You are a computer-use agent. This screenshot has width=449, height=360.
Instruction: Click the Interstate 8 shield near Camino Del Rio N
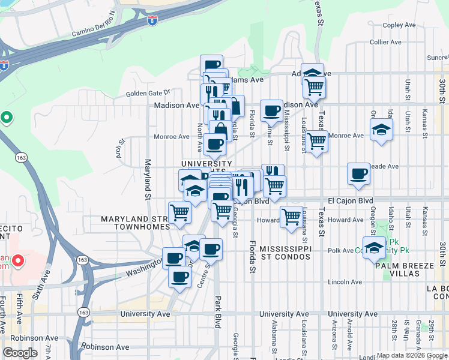click(x=153, y=20)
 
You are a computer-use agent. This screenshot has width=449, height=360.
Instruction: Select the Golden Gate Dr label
click(x=148, y=93)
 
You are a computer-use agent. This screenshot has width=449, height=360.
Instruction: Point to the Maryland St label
click(x=146, y=179)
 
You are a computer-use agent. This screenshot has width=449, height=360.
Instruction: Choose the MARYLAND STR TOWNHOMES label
click(x=135, y=223)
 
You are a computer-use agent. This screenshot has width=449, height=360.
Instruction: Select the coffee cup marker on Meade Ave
click(x=359, y=173)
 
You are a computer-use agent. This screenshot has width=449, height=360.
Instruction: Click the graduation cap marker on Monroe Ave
click(x=381, y=130)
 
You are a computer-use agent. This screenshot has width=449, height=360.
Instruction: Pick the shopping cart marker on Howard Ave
click(x=291, y=215)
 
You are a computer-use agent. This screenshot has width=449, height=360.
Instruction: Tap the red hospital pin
click(x=18, y=261)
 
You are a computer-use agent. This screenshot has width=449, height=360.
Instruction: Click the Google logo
click(x=20, y=353)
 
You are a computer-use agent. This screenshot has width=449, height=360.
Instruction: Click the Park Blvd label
click(x=217, y=312)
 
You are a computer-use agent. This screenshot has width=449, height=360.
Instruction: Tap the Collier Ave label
click(x=385, y=42)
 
